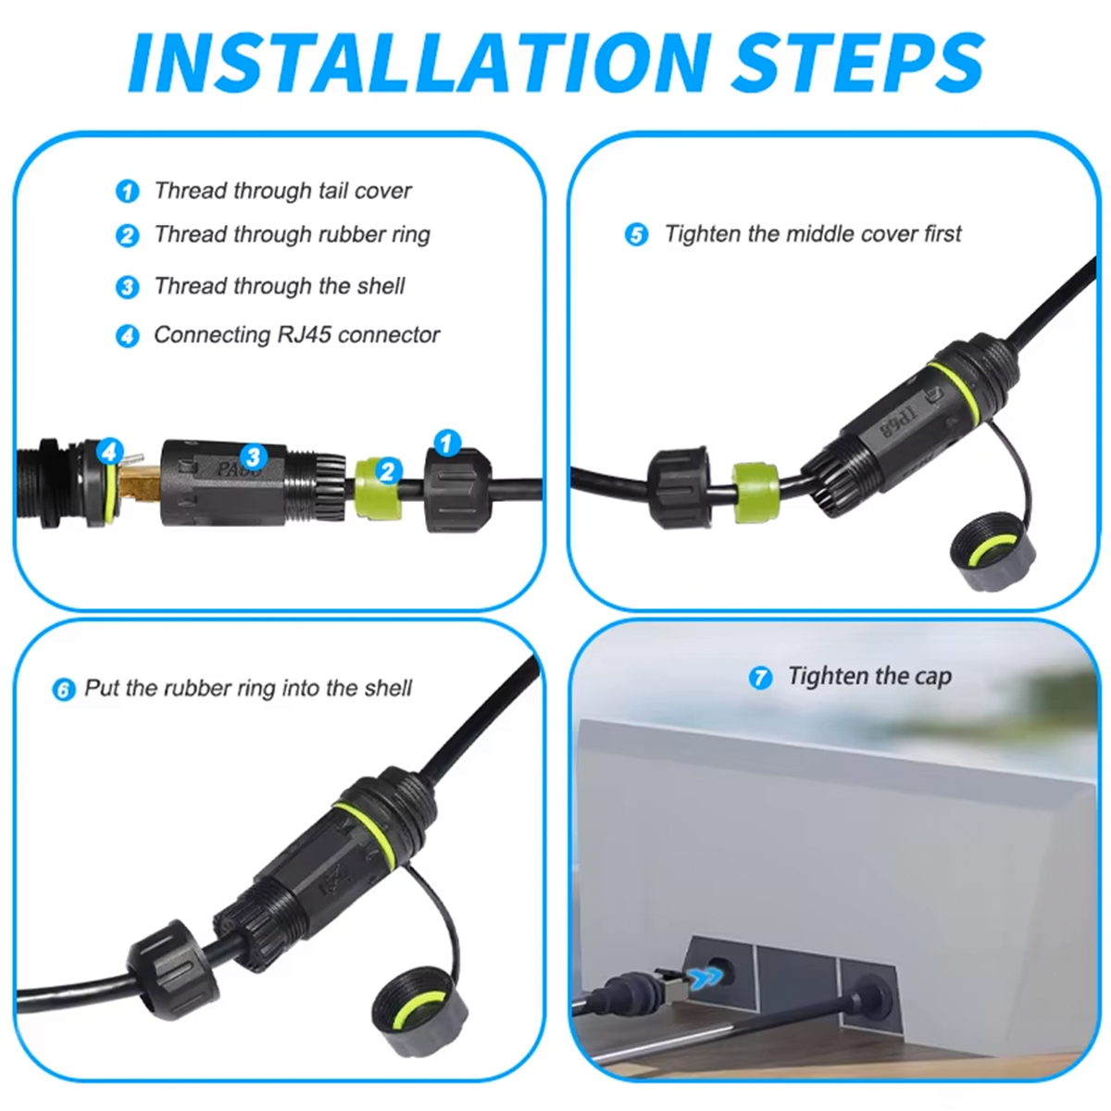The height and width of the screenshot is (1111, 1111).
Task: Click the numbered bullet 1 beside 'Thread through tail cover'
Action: coord(128,192)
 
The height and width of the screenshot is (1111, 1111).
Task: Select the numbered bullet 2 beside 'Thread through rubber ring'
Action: coord(128,236)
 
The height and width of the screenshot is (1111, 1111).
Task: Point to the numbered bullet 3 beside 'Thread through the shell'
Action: coord(128,287)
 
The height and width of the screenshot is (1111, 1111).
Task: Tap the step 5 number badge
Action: coord(636,235)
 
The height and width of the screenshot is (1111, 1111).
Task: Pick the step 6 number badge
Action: coord(64,690)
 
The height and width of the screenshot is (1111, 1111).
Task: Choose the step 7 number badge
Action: coord(760,678)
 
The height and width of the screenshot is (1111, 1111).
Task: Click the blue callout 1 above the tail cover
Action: coord(447,443)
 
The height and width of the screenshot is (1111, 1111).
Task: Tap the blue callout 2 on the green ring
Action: coord(388,471)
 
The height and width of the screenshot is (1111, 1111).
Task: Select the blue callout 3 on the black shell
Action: coord(254,457)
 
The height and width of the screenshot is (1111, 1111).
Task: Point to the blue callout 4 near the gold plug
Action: coord(109,452)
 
